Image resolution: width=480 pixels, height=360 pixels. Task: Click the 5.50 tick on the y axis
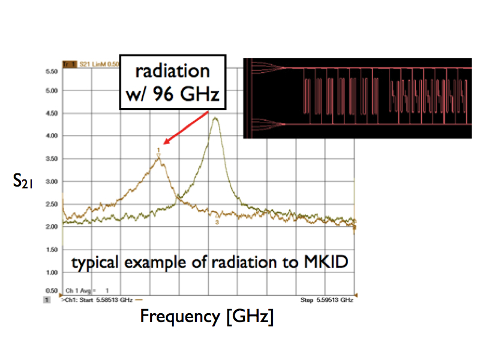pos(51,71)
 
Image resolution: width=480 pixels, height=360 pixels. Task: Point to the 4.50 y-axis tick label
pos(51,113)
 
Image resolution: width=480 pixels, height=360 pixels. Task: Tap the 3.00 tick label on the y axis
pos(51,181)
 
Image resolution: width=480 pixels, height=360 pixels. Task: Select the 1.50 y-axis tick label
pos(51,249)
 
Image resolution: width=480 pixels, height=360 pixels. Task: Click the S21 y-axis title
pos(22,181)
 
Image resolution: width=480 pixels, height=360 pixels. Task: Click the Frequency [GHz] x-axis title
pos(206,316)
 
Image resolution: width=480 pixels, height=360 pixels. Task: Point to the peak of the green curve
pos(215,118)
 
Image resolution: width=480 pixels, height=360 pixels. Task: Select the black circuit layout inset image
pos(358,98)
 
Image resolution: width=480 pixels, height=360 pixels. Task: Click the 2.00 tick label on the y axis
pos(51,226)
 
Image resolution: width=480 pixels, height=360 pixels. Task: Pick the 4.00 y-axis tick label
pos(51,136)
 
